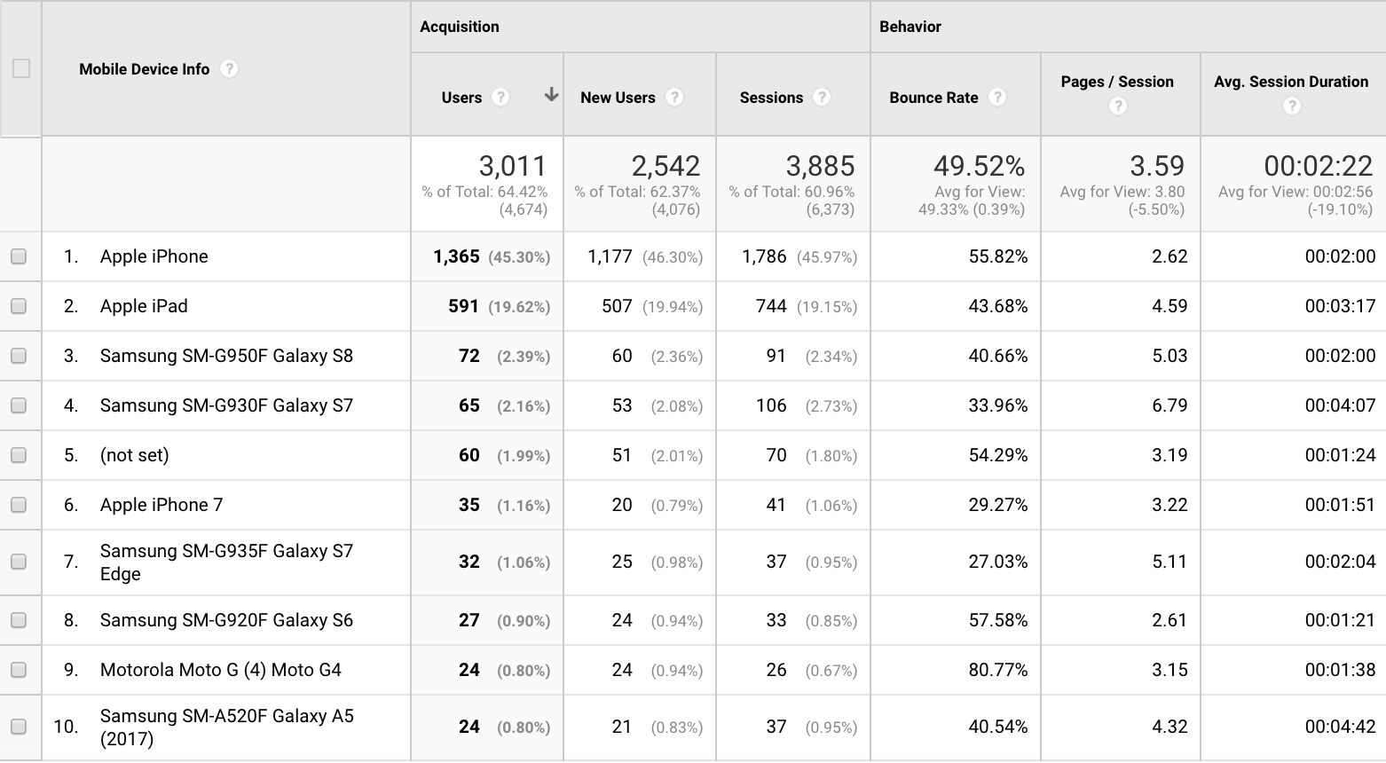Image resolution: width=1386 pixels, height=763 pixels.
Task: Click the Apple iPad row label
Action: pos(144,306)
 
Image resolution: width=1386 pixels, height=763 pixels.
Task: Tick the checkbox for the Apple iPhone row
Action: pos(19,256)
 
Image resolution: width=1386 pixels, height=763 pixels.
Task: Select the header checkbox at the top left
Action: pos(21,68)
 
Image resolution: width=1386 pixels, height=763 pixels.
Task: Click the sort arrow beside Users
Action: pos(551,95)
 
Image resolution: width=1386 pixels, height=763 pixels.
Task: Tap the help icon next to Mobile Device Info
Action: pos(229,68)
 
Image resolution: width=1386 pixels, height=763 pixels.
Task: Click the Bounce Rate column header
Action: pos(933,98)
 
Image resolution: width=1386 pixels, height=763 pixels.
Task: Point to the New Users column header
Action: pos(618,98)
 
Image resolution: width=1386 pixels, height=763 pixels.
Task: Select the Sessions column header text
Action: pos(771,98)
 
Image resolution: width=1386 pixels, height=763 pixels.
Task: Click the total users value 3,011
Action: pos(513,166)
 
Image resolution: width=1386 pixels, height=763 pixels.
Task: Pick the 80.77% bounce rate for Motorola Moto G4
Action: pos(998,670)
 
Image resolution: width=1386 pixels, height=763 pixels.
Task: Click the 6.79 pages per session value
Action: pos(1169,405)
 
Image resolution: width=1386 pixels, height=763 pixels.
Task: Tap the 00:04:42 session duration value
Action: pos(1340,727)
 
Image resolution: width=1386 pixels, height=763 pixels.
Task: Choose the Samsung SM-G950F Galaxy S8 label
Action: pos(226,356)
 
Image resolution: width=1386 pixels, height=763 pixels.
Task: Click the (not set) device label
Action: pos(134,455)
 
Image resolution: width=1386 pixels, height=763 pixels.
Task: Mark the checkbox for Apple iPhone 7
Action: pos(19,505)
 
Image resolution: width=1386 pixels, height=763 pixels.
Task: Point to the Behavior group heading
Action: pos(910,27)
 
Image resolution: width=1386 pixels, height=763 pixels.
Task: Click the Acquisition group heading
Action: pos(460,27)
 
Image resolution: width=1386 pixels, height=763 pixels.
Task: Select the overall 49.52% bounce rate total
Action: pos(979,166)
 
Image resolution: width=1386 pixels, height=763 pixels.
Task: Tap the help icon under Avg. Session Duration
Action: pos(1292,106)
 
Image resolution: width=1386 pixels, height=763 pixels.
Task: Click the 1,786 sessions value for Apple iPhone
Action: pos(764,256)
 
